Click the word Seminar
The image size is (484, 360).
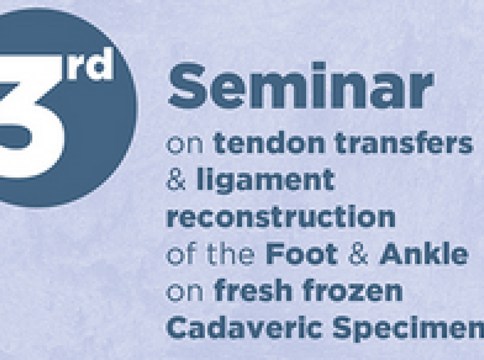(x=301, y=85)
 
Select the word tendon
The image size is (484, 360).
(x=269, y=143)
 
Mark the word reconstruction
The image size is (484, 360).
(x=281, y=217)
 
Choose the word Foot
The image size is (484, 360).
(x=302, y=254)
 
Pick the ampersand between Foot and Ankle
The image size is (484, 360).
(x=358, y=254)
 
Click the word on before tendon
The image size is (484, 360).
(x=185, y=146)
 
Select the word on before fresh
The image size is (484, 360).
(x=185, y=293)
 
